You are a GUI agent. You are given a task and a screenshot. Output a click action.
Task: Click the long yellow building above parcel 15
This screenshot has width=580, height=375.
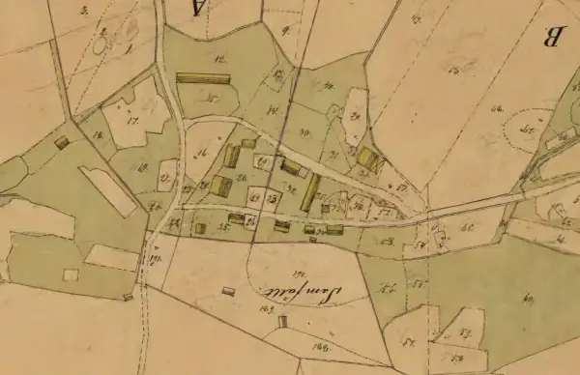pos(203,78)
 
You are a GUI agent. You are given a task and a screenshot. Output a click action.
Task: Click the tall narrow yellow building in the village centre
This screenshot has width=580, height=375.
pos(310,192)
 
